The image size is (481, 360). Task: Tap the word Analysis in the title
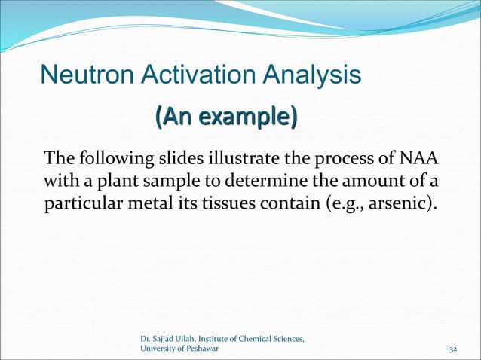310,75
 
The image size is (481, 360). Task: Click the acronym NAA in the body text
421,160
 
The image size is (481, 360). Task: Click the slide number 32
453,350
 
